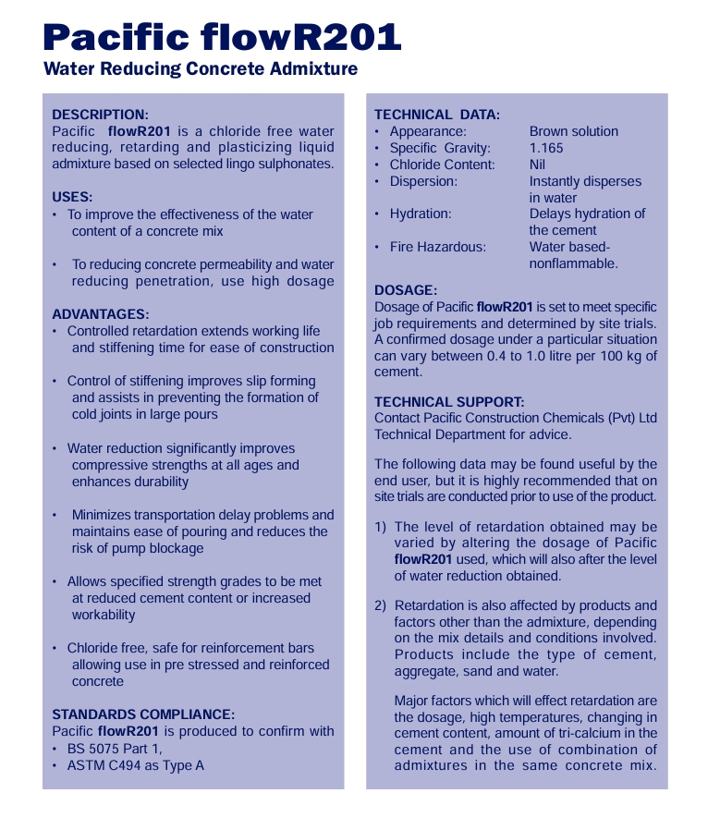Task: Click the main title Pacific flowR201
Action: (x=222, y=37)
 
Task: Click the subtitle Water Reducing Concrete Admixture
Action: (x=201, y=69)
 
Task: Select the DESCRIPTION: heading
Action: (x=100, y=115)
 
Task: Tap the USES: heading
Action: (x=72, y=197)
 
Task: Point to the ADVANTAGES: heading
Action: (x=101, y=314)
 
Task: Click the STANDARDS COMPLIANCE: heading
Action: (x=143, y=714)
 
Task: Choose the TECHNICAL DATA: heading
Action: (x=437, y=115)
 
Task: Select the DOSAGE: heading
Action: (x=406, y=290)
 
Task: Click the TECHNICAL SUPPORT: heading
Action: (x=449, y=402)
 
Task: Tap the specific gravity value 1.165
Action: (x=546, y=148)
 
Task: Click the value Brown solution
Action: (x=574, y=131)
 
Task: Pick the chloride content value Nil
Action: (x=538, y=165)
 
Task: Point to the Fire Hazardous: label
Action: (x=437, y=247)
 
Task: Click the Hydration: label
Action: (x=421, y=214)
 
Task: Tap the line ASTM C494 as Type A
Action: (x=136, y=765)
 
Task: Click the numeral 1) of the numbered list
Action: (x=381, y=527)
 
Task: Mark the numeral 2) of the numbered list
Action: (x=381, y=606)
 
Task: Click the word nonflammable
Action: (x=573, y=263)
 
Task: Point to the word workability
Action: (x=104, y=615)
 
